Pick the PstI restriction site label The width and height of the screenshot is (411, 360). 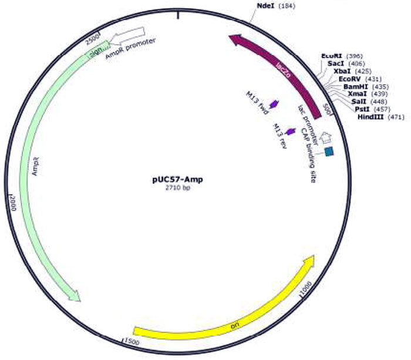click(x=362, y=109)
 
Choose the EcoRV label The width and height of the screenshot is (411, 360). click(x=349, y=78)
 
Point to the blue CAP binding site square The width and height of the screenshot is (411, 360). click(x=329, y=152)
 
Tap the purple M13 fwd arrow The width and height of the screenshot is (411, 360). click(x=274, y=105)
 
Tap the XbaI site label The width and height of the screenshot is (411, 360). click(x=342, y=70)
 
